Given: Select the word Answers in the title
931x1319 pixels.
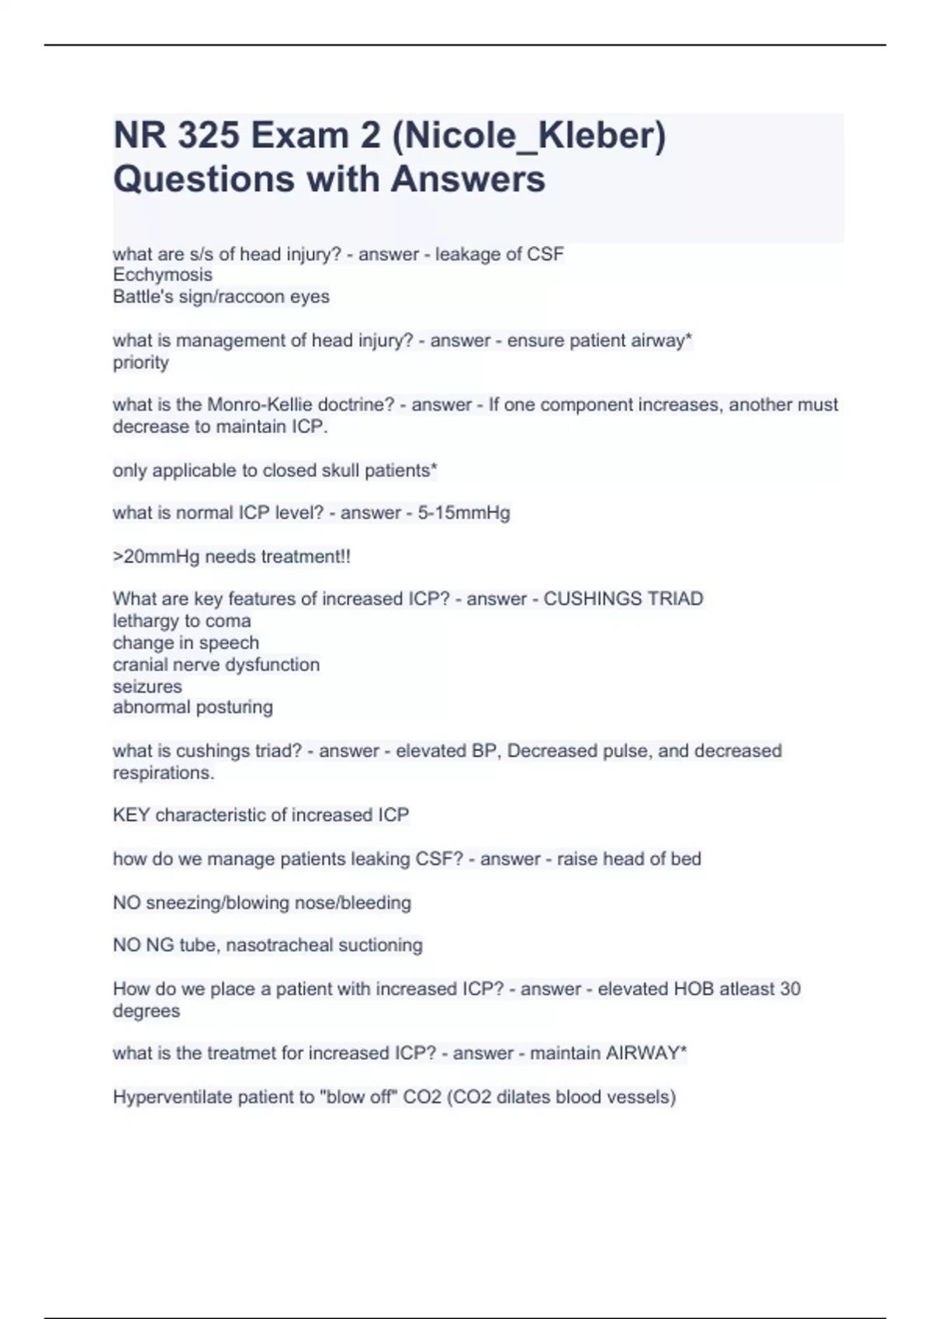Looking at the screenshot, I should (x=468, y=179).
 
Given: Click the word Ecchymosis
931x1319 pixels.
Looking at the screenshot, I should (x=162, y=275).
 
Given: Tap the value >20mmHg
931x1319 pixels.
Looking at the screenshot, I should (x=156, y=556).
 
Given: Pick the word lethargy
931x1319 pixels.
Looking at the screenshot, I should (x=145, y=621).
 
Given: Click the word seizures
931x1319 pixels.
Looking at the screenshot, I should (x=147, y=687).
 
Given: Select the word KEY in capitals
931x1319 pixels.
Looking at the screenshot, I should (x=131, y=815).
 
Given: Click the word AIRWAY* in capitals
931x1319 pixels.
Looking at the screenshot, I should (x=646, y=1054).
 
